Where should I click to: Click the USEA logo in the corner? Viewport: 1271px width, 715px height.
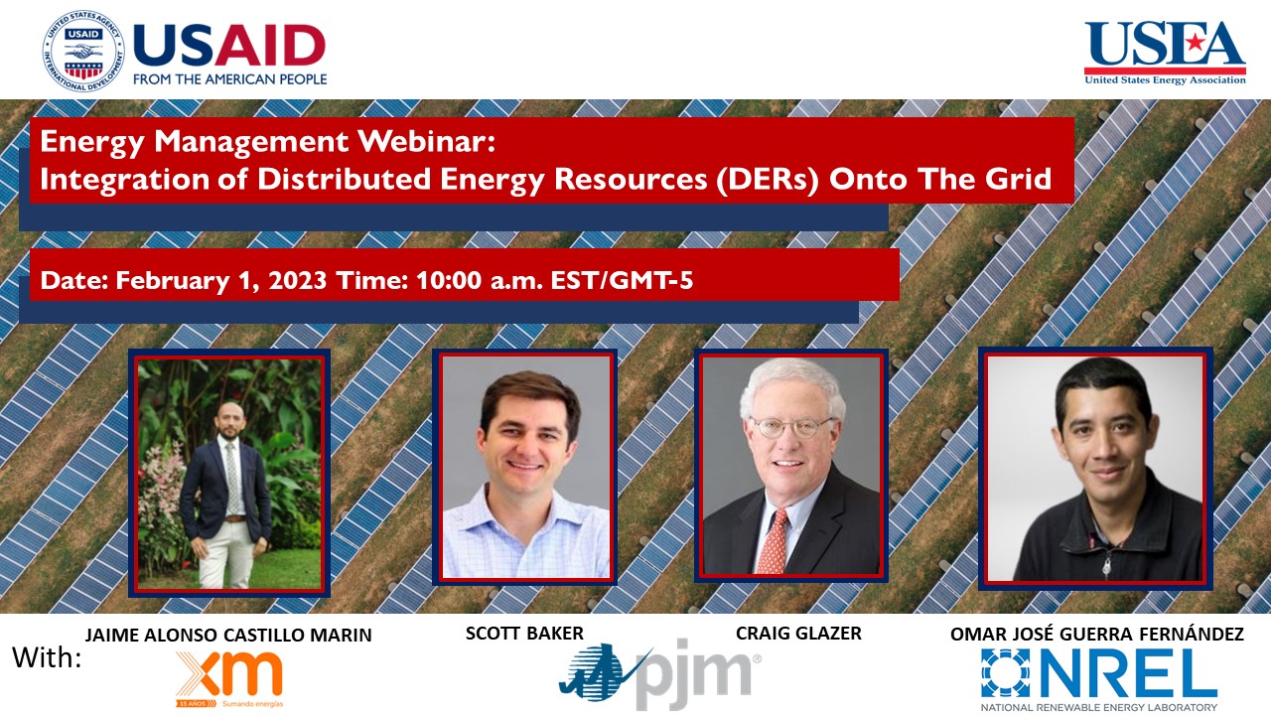[x=1165, y=53]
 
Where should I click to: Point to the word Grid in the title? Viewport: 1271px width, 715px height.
[x=1019, y=180]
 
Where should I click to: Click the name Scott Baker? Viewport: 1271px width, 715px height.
[x=524, y=634]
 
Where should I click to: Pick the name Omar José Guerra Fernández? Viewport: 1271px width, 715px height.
[x=1096, y=635]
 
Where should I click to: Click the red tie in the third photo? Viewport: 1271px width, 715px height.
[x=774, y=540]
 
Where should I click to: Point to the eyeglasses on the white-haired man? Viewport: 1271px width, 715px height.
[x=791, y=428]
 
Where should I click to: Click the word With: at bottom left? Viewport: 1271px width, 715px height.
[x=48, y=657]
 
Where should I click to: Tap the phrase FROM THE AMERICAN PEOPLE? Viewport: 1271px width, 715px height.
[x=229, y=78]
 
